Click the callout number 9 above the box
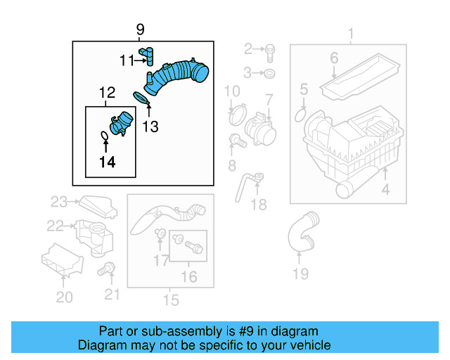point(140,30)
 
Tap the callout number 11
point(127,60)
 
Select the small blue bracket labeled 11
point(148,55)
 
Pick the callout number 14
point(106,162)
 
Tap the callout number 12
point(106,92)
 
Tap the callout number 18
point(259,205)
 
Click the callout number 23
point(58,202)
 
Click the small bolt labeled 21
point(108,268)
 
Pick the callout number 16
point(188,277)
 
